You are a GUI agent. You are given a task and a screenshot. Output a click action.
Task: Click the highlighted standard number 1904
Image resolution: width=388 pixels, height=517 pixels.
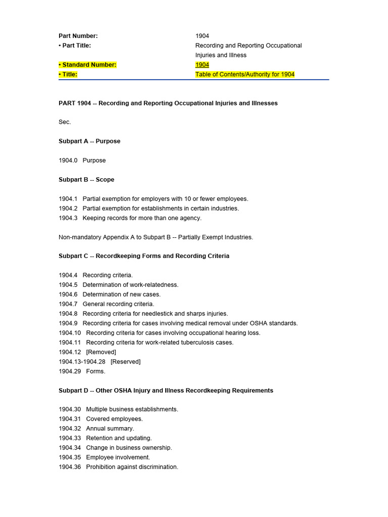(202, 65)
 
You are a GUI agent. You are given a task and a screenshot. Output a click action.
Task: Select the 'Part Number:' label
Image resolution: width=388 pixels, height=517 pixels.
(78, 36)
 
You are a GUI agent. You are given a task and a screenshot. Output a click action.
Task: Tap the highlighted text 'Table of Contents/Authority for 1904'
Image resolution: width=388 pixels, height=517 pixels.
(245, 74)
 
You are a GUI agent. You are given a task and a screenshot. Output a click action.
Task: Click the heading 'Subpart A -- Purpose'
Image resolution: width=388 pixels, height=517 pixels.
(89, 141)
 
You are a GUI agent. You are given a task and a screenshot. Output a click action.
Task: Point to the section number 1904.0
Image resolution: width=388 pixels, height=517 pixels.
(68, 161)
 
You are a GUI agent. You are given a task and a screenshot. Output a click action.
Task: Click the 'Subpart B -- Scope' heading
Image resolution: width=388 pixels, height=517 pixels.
(86, 180)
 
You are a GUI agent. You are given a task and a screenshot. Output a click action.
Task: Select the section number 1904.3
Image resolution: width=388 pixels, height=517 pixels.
(68, 218)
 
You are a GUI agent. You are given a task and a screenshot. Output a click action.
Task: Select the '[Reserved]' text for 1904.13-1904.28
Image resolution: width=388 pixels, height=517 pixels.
(125, 361)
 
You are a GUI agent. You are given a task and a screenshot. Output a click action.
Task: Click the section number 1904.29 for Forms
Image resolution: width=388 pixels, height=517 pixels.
(70, 371)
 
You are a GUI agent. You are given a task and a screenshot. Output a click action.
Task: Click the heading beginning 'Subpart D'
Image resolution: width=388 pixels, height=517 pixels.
(166, 390)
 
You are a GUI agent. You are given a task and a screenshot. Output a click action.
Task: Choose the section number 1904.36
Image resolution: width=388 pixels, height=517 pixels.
(70, 467)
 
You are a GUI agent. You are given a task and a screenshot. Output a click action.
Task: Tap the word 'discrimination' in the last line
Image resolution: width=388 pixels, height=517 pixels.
(158, 467)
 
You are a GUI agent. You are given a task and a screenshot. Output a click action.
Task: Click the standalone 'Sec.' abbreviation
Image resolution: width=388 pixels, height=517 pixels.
(65, 122)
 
